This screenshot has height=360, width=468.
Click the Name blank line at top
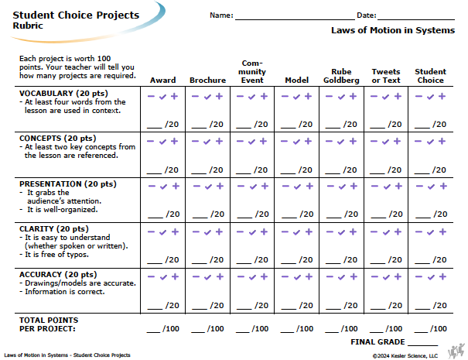tap(295, 19)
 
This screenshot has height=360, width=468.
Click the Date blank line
tap(416, 19)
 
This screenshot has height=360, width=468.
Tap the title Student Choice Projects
tap(76, 15)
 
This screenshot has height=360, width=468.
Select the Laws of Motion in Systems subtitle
tap(393, 30)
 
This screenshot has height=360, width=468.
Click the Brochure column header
tap(208, 80)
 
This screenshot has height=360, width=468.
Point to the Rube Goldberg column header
tap(341, 76)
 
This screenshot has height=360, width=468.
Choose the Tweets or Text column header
tap(386, 76)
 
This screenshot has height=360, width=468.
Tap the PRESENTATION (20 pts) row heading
tap(68, 183)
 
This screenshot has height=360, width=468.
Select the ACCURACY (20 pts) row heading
tap(58, 274)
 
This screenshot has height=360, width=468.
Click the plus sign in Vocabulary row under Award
tap(174, 96)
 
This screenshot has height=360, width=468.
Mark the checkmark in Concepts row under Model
tap(296, 142)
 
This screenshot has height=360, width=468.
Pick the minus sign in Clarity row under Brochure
tap(196, 231)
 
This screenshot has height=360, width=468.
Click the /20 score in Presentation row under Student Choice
tap(440, 214)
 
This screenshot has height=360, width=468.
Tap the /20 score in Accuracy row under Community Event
tap(261, 305)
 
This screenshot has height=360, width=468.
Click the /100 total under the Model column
tap(305, 328)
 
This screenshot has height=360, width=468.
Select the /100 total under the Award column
tap(171, 328)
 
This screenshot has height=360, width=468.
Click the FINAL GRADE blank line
tap(422, 345)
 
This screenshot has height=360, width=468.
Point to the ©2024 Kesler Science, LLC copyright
tap(405, 356)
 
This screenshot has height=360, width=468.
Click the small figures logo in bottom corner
tap(456, 351)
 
